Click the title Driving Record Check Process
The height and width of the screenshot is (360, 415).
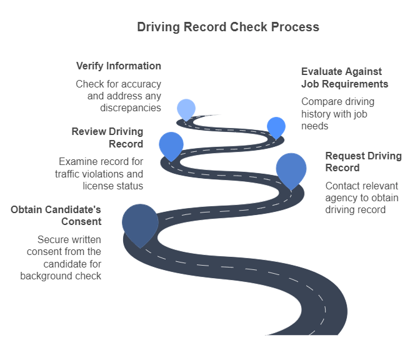pos(228,27)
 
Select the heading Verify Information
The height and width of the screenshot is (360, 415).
pos(118,66)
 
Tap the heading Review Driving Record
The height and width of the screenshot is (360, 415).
pos(107,137)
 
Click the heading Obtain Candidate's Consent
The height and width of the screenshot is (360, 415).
pos(56,215)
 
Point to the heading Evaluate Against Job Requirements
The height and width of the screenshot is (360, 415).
pos(344,77)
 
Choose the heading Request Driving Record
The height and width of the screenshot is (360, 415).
pos(363,161)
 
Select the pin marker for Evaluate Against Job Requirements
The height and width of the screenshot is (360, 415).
pos(276,126)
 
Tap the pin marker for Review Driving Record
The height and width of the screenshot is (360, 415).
pos(171,145)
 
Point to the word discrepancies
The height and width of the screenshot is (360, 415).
pos(131,107)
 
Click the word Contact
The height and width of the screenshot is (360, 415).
pos(343,186)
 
